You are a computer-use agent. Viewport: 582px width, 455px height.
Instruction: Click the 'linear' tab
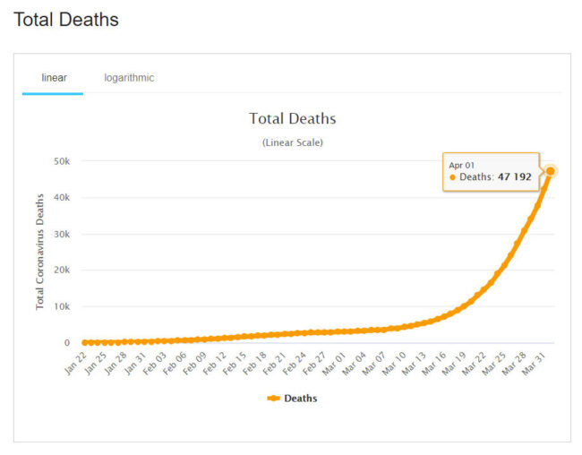tap(54, 78)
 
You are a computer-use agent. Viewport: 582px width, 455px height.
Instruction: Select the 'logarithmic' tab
tap(129, 78)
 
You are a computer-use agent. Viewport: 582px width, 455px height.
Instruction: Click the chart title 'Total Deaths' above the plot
tap(292, 119)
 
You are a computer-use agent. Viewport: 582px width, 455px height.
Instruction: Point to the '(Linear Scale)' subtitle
tap(292, 142)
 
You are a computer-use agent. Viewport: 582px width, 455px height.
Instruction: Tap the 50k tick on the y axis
tap(63, 161)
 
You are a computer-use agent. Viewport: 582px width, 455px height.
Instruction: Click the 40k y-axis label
tap(63, 198)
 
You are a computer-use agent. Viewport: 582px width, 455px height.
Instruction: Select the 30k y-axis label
tap(63, 234)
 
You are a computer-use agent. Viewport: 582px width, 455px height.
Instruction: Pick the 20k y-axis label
tap(63, 270)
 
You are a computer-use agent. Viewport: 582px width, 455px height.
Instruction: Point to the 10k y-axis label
tap(63, 306)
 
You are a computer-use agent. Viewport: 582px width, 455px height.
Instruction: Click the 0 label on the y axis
tap(66, 343)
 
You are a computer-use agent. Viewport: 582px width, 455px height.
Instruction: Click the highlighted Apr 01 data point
tap(551, 171)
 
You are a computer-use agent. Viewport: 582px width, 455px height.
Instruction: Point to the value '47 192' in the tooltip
tap(515, 177)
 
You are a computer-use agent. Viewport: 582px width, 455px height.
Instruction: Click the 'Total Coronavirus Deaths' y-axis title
tap(40, 252)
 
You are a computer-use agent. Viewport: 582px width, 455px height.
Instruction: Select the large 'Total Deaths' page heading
tap(66, 19)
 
